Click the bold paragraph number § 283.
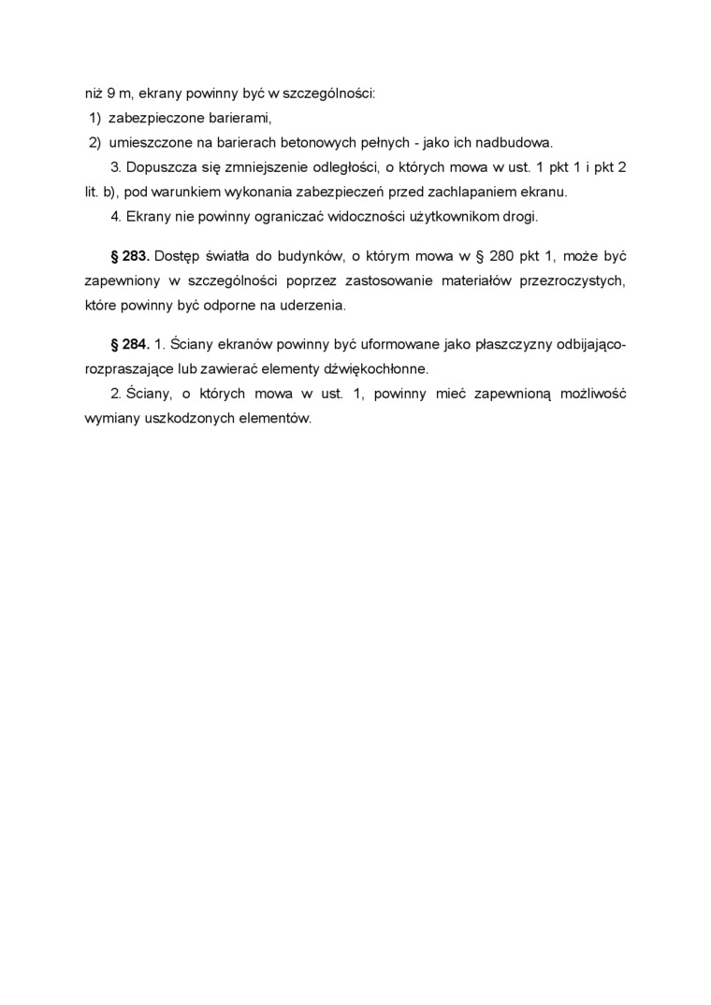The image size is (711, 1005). click(130, 255)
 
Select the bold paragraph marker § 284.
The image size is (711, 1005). click(130, 344)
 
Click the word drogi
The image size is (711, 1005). click(521, 217)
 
